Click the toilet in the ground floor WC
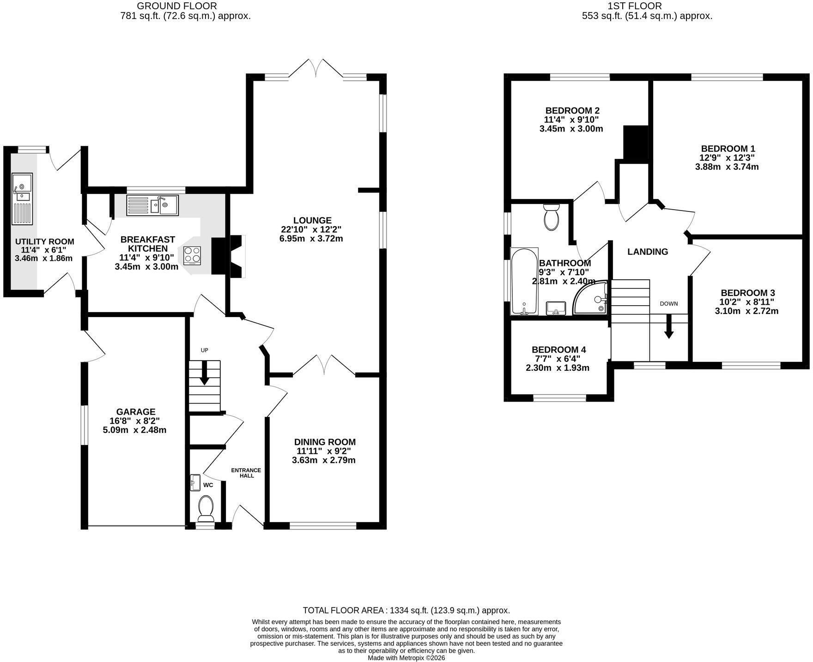[206, 507]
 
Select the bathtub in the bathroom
[524, 282]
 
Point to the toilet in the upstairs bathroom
[552, 217]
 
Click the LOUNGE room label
[312, 221]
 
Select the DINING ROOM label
[325, 442]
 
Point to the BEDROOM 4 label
[559, 350]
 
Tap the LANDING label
[648, 252]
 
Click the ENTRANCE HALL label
[246, 473]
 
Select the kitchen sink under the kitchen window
[152, 205]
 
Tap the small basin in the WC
[195, 482]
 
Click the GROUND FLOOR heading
[177, 6]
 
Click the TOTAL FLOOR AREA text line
[406, 610]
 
